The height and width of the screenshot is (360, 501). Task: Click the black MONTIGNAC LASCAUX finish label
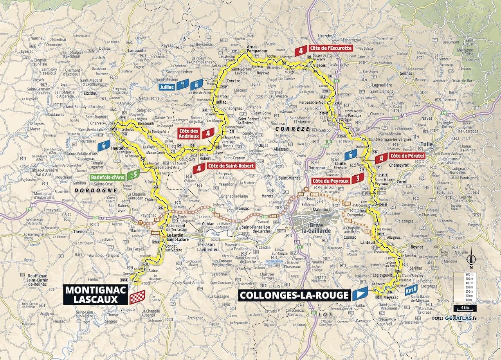click(96, 295)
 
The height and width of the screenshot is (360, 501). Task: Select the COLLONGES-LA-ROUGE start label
click(294, 295)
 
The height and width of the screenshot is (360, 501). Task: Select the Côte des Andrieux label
click(189, 133)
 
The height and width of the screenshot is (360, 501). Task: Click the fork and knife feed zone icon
click(182, 84)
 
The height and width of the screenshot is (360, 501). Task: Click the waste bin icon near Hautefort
click(104, 146)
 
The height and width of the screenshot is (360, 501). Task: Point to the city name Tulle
click(427, 144)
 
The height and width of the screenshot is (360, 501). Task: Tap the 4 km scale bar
click(465, 307)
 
